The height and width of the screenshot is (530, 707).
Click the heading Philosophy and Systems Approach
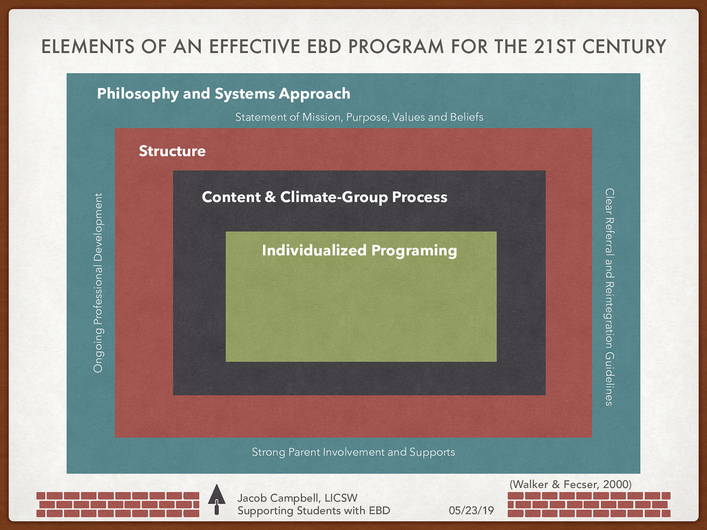click(224, 94)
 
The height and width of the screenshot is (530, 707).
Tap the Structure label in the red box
click(172, 151)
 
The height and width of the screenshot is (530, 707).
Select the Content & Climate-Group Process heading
click(324, 197)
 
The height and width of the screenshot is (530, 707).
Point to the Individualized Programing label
click(359, 250)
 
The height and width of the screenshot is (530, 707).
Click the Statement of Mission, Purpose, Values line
click(359, 117)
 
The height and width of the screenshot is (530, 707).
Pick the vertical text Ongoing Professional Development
click(98, 283)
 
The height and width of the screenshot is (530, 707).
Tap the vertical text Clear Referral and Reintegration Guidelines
click(609, 297)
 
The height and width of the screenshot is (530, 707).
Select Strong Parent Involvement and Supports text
click(353, 452)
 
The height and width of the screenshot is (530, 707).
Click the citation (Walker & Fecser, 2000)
click(570, 485)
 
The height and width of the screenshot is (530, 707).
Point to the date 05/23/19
click(471, 511)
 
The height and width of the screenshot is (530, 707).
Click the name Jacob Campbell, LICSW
click(297, 498)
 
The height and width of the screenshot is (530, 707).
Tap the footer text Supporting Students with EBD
click(314, 511)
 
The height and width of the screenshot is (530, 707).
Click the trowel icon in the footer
click(217, 499)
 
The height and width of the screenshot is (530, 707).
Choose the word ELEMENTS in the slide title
click(87, 47)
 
